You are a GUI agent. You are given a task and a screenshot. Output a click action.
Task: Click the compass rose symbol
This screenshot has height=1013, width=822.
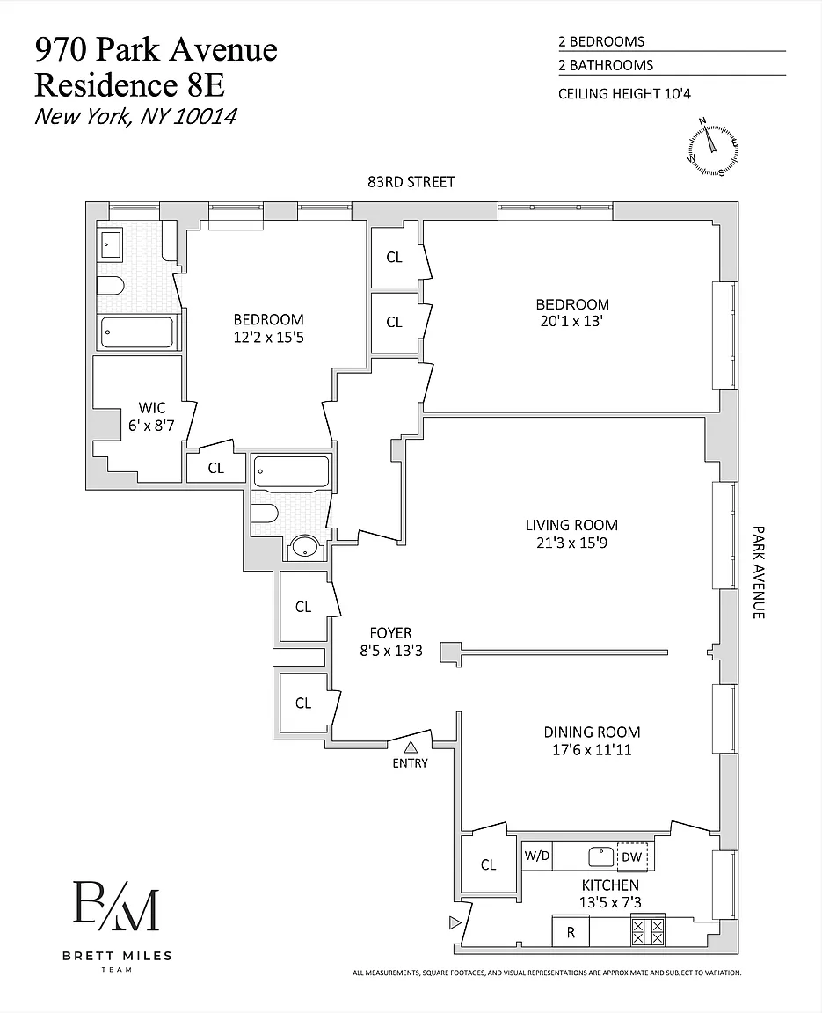(712, 146)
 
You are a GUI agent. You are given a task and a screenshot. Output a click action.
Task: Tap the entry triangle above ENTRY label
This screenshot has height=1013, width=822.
(410, 747)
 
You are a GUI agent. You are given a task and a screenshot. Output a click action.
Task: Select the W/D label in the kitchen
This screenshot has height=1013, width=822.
(537, 855)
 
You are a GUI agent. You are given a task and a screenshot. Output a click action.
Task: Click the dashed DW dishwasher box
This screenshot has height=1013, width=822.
(632, 856)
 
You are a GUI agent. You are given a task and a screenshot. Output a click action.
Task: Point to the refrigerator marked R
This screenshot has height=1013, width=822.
(570, 932)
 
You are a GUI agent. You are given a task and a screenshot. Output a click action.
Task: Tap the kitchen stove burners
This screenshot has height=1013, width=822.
(649, 931)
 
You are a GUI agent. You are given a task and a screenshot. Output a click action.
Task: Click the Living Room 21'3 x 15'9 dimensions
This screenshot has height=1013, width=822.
(572, 543)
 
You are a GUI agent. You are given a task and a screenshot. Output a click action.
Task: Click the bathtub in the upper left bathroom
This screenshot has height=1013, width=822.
(137, 332)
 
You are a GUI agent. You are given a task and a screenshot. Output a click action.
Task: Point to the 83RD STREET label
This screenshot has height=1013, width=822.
(411, 182)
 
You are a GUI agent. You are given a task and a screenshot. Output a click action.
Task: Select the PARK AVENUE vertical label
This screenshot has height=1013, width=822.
(758, 572)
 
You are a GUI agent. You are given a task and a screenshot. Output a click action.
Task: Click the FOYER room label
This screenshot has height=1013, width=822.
(390, 633)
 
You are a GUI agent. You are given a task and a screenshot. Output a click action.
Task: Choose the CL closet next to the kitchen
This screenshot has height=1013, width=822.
(488, 864)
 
